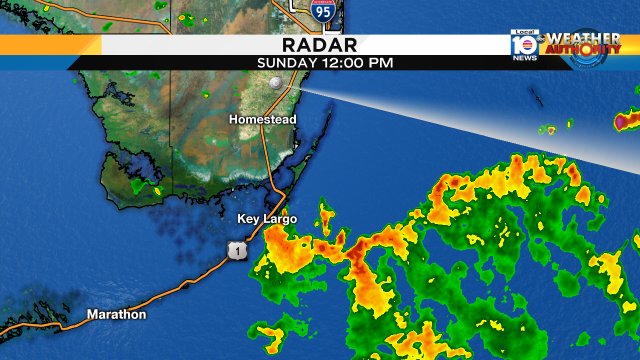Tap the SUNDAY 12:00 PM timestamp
coord(324,62)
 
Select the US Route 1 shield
coord(235,250)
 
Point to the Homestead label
coord(262,119)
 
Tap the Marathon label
coord(116,314)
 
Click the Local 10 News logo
coord(523,45)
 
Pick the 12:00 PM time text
coord(356,62)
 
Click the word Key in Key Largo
coord(248,218)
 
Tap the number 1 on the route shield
coord(235,251)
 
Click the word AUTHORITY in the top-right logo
coord(584,51)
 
